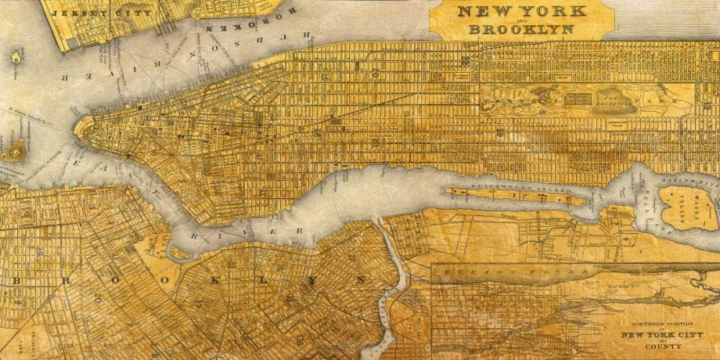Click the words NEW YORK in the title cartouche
point(522,12)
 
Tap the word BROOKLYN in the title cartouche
point(521,30)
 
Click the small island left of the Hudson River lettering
point(15,57)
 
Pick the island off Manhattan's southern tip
point(13,150)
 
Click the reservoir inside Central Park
point(611,102)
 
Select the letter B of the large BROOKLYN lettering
point(16,280)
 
